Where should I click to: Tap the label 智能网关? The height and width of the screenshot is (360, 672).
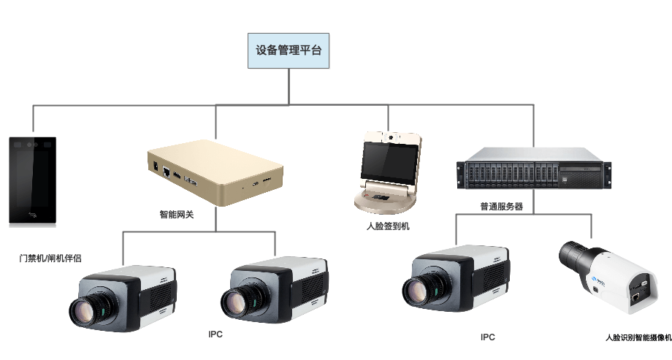tap(176, 215)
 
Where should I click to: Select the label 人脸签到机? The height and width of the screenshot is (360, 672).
tap(388, 226)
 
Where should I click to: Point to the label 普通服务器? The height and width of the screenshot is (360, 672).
tap(501, 207)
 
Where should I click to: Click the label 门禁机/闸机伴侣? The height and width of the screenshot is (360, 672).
tap(50, 258)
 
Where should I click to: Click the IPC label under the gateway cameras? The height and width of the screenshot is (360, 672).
tap(215, 334)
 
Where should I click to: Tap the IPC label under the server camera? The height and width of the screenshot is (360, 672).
tap(488, 337)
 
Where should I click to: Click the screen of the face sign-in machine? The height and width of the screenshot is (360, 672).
tap(387, 160)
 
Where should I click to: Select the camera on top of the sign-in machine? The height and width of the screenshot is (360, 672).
tap(392, 137)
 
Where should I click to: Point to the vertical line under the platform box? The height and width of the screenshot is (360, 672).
tap(289, 87)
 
